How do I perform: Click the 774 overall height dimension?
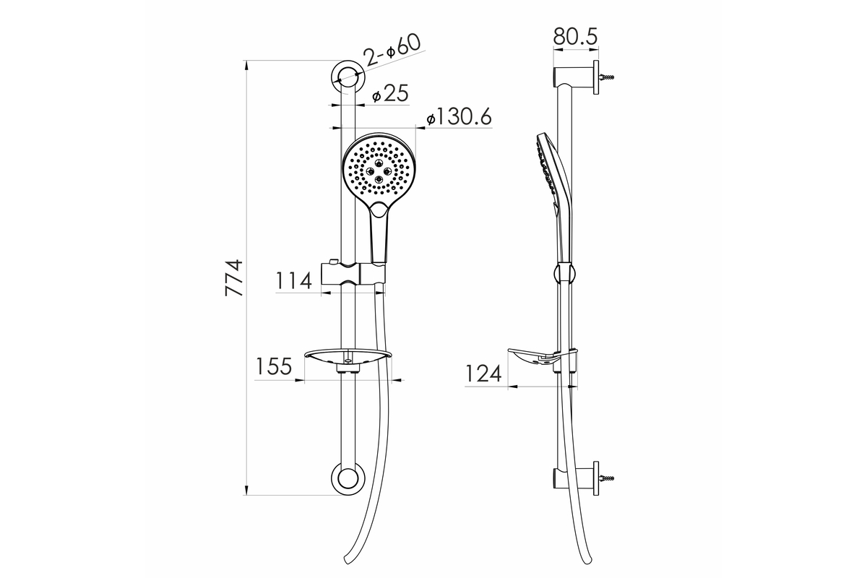pyautogui.click(x=234, y=278)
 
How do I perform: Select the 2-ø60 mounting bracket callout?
pyautogui.click(x=392, y=51)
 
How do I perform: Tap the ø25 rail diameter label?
pyautogui.click(x=390, y=94)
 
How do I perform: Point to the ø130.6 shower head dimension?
pyautogui.click(x=459, y=116)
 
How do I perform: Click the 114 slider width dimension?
pyautogui.click(x=293, y=280)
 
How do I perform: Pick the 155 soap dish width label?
pyautogui.click(x=273, y=366)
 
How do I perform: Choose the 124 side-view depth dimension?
pyautogui.click(x=483, y=374)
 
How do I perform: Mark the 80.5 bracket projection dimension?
pyautogui.click(x=576, y=36)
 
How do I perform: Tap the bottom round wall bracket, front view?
pyautogui.click(x=348, y=478)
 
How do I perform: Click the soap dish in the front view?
pyautogui.click(x=348, y=358)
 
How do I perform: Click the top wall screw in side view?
pyautogui.click(x=606, y=77)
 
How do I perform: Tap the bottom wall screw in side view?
pyautogui.click(x=606, y=478)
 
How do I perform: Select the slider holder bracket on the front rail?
pyautogui.click(x=353, y=275)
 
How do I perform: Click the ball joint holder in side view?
pyautogui.click(x=565, y=273)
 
